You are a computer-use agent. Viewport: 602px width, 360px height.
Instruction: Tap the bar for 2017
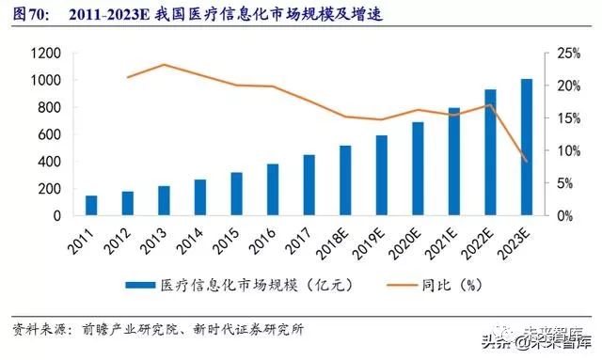[309, 185]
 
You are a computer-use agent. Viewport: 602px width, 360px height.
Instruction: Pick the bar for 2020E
[417, 169]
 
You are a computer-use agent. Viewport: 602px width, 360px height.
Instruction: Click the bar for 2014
[199, 197]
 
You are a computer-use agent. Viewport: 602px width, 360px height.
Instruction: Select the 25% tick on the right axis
[558, 54]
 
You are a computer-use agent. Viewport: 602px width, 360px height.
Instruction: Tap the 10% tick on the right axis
[558, 150]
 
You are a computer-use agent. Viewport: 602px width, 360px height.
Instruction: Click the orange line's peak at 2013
[164, 65]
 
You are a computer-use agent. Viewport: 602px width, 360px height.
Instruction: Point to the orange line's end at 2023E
[526, 162]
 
